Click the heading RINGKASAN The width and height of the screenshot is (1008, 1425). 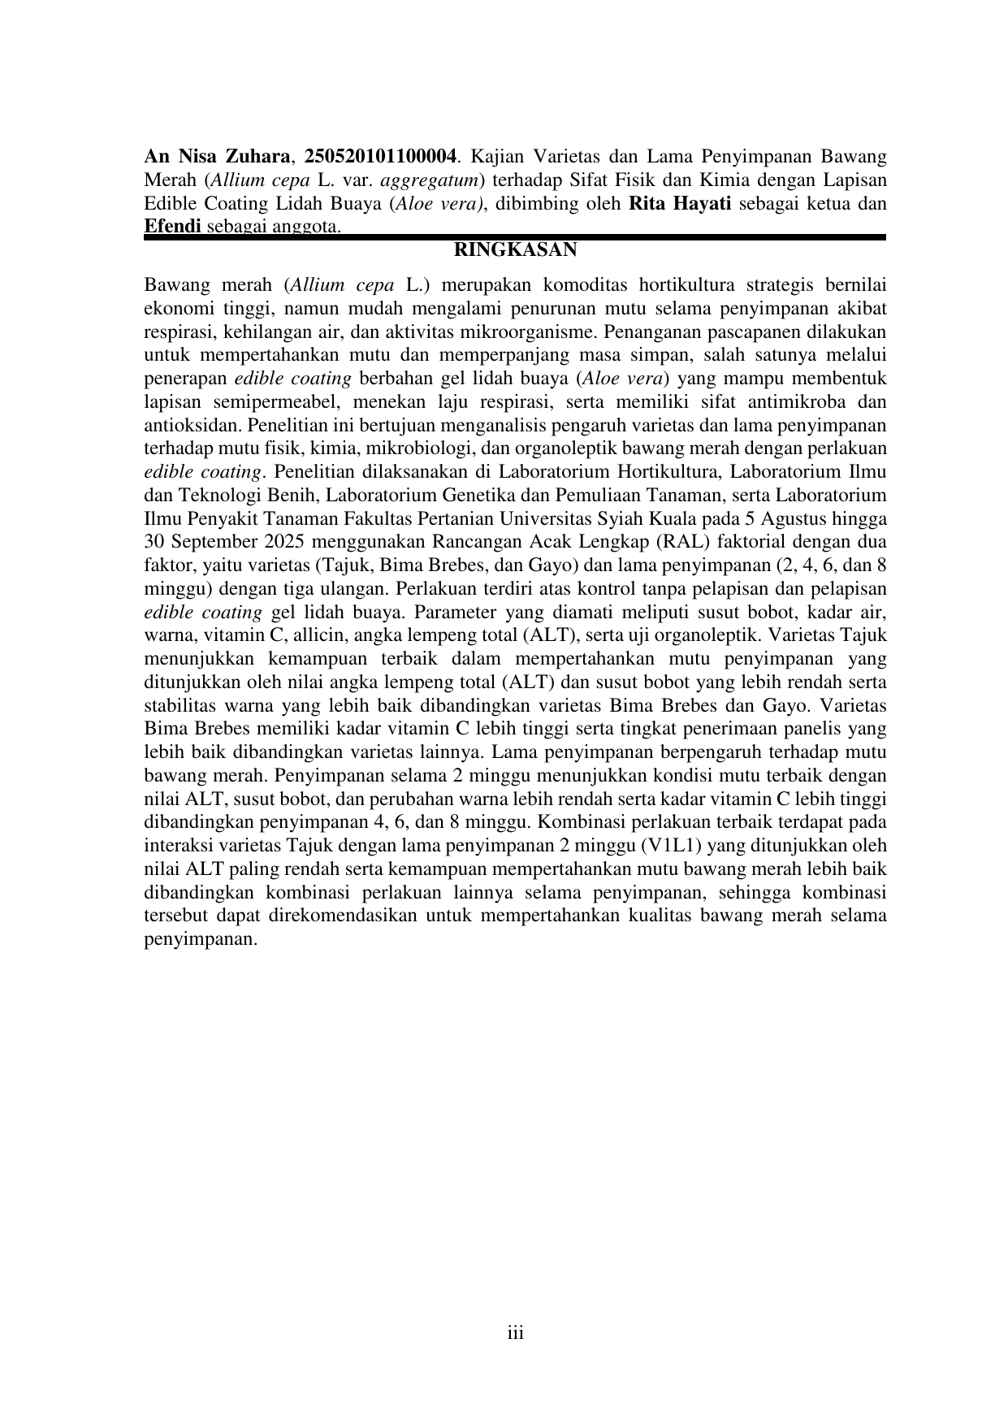[x=514, y=250]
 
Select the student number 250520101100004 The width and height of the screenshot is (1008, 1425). [x=379, y=156]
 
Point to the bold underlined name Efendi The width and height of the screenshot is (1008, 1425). [x=173, y=227]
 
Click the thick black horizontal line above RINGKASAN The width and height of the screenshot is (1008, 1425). [x=514, y=237]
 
